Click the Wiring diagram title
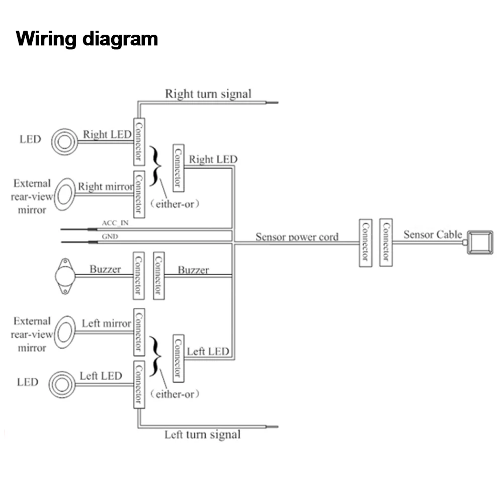coord(87,39)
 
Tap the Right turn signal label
coord(208,94)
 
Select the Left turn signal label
coord(203,434)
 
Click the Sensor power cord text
coord(297,236)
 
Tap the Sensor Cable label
coord(433,234)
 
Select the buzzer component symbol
coord(65,276)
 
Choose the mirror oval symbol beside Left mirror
coord(64,332)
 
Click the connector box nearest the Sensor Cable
coord(386,242)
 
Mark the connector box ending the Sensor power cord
coord(365,242)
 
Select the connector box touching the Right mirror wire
coord(139,194)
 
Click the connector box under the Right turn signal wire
coord(139,141)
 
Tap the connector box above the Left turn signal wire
coord(139,384)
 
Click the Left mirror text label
coord(106,323)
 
